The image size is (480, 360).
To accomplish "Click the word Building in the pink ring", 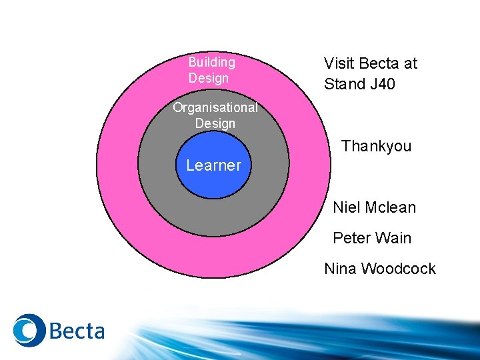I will pos(211,62).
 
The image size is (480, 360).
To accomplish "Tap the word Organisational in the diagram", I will pos(215,107).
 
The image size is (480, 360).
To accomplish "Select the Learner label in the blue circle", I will pos(213,165).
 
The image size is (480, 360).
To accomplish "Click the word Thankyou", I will pos(376,146).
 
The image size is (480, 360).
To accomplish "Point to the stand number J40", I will pos(382,84).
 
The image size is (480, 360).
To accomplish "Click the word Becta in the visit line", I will pos(380,63).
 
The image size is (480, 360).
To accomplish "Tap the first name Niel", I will pos(347,207).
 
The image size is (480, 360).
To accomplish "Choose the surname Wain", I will pos(393,238).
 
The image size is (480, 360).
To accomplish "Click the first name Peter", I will pos(351,238).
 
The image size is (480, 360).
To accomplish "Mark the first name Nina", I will pos(340,269).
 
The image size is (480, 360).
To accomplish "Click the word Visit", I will pos(339,63).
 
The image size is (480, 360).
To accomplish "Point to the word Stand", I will pos(345,84).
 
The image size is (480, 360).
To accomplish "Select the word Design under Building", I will pos(208,78).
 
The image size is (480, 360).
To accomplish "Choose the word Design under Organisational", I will pos(215,123).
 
